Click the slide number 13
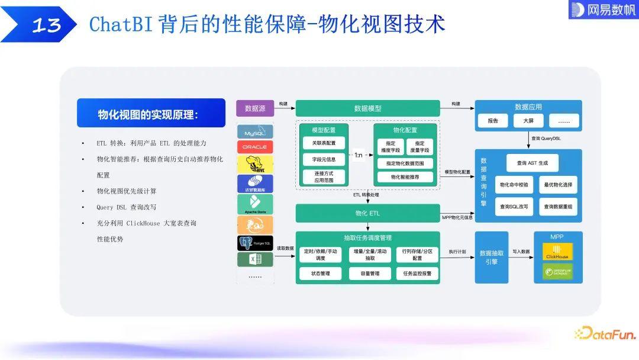46,25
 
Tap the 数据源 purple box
255,108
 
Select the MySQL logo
255,131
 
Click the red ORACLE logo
255,147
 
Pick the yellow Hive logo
255,164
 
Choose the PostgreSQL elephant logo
255,243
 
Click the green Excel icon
255,259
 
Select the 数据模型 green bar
367,108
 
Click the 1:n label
359,156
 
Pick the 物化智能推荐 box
405,177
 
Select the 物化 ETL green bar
367,213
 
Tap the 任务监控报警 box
417,274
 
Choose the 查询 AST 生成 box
532,163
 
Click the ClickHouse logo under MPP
557,252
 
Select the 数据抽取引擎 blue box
492,257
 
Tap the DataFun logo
605,334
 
